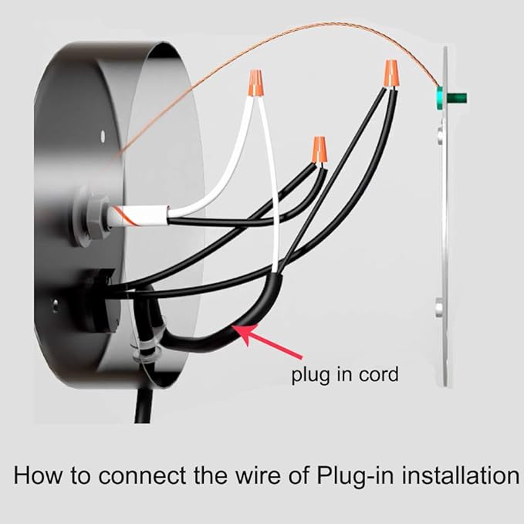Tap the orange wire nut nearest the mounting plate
click(x=391, y=74)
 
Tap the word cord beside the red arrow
click(x=378, y=375)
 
